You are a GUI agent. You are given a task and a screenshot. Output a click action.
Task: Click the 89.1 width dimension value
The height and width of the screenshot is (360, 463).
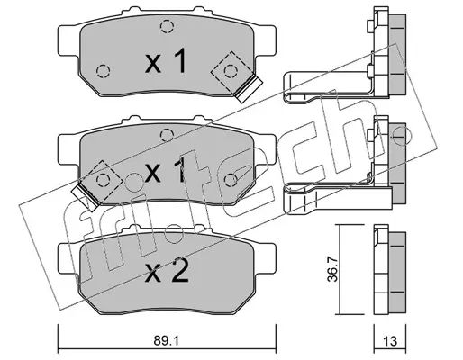(166, 341)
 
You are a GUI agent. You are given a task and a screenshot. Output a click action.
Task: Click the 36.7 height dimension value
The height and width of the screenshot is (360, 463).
(332, 269)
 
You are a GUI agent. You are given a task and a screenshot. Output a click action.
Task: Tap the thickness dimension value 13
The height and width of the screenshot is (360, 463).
(390, 341)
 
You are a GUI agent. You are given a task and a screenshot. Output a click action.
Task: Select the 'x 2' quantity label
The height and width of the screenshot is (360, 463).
(167, 272)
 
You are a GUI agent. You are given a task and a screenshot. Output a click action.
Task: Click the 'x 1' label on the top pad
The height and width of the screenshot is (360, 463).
(166, 61)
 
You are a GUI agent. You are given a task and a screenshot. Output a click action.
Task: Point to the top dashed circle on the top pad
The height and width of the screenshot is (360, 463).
(167, 26)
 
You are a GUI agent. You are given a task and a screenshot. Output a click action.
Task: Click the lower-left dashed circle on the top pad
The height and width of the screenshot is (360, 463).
(104, 71)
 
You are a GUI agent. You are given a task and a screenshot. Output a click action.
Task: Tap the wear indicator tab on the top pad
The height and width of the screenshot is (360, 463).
(249, 90)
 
